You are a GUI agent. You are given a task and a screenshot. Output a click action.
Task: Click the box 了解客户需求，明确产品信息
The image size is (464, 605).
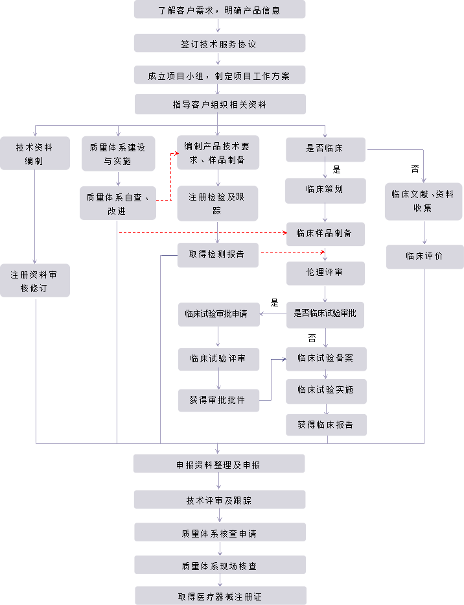click(219, 10)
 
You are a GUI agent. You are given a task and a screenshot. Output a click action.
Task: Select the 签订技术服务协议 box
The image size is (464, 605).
click(219, 44)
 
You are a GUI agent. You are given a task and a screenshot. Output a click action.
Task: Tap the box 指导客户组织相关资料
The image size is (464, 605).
click(219, 105)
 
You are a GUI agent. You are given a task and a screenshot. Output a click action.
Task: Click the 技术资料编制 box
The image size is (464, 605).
click(34, 154)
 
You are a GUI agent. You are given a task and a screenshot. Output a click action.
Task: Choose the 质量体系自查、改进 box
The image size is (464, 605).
click(117, 203)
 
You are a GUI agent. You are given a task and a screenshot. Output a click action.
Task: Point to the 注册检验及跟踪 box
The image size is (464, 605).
click(218, 203)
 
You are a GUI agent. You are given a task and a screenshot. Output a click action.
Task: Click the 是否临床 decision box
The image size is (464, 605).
click(325, 149)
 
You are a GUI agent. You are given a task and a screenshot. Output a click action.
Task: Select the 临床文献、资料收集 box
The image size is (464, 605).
click(423, 201)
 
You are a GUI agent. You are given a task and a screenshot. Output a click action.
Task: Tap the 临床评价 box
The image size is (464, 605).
click(424, 256)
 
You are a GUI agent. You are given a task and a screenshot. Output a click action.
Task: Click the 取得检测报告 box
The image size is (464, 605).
click(218, 254)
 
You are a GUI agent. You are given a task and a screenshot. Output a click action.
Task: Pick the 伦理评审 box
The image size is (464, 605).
click(325, 273)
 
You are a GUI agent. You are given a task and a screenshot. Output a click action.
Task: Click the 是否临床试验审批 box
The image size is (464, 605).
click(325, 314)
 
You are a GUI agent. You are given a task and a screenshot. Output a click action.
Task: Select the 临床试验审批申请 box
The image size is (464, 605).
click(219, 314)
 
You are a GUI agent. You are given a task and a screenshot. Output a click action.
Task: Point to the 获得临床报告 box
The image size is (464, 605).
click(326, 425)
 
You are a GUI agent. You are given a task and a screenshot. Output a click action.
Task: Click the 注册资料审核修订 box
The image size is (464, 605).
click(34, 281)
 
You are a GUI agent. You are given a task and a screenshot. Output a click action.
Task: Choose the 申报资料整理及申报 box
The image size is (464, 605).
click(219, 464)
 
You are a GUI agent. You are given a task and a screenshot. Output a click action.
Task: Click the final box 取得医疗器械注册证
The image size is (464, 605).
click(219, 596)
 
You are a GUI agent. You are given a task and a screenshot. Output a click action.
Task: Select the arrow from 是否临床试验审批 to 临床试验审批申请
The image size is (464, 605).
click(273, 314)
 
